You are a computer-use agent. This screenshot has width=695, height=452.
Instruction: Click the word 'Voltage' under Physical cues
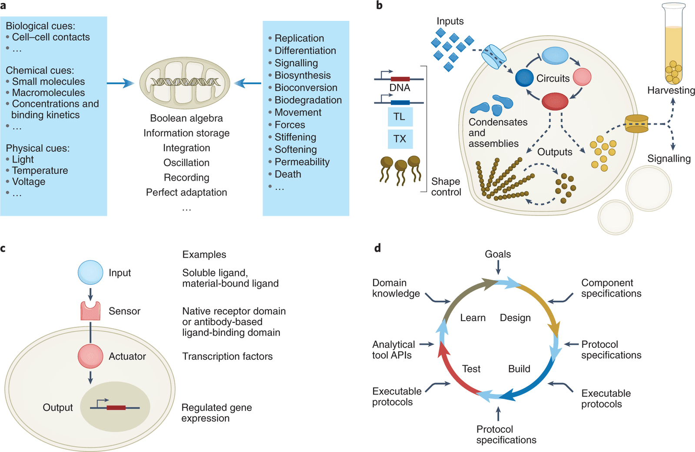28,182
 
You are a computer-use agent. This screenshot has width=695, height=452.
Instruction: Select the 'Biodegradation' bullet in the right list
308,100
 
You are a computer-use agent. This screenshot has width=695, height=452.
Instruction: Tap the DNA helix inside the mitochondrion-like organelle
185,82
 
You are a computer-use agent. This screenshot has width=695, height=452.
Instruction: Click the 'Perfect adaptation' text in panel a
186,192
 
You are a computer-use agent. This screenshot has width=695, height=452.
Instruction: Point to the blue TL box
400,117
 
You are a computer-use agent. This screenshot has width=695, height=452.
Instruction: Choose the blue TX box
400,139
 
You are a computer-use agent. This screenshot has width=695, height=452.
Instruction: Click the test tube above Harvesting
673,43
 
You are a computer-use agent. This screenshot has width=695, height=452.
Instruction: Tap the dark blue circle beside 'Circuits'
524,78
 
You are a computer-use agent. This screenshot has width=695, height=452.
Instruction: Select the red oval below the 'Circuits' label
555,101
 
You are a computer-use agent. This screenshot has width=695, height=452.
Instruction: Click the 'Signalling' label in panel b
669,159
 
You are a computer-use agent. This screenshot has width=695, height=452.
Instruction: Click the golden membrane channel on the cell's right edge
636,124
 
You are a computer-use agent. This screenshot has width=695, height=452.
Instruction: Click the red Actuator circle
90,356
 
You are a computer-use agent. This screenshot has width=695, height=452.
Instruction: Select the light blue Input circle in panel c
90,273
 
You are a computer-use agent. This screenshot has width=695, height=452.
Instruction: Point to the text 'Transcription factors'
227,356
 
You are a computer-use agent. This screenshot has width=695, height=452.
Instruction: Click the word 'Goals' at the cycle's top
498,254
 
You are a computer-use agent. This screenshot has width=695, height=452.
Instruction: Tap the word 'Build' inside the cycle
519,369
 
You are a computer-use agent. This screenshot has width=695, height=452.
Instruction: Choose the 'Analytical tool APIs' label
393,350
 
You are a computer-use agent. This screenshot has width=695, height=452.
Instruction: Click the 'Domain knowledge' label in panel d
396,288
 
